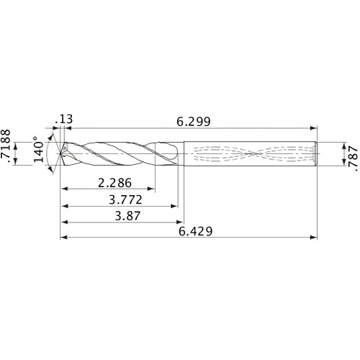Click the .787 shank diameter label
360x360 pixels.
click(x=351, y=154)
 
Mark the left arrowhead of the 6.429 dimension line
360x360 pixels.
click(x=62, y=237)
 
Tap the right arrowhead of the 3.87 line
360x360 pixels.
click(x=180, y=222)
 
